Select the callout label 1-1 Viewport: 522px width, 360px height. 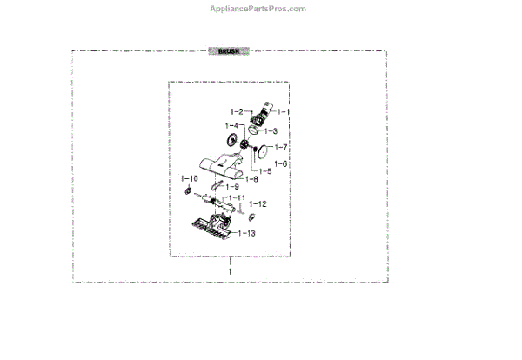point(282,112)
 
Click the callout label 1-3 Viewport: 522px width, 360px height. point(271,130)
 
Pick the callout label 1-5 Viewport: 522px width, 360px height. point(264,171)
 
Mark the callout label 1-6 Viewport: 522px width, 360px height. point(280,163)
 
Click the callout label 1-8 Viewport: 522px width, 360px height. point(251,178)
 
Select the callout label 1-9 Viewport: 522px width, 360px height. point(233,187)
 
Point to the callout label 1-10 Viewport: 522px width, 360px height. point(189,177)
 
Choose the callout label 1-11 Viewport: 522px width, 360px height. point(238,198)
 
